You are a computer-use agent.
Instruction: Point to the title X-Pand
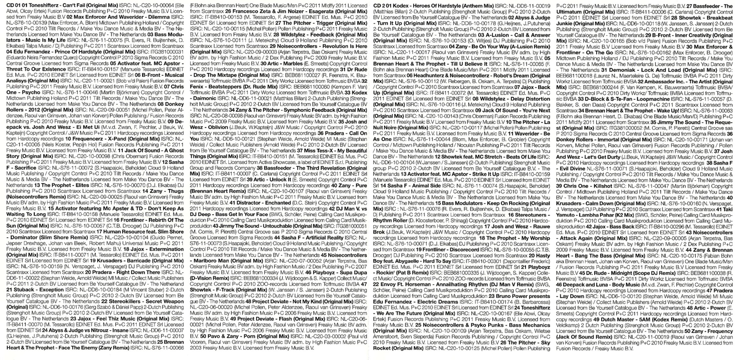[107, 139]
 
